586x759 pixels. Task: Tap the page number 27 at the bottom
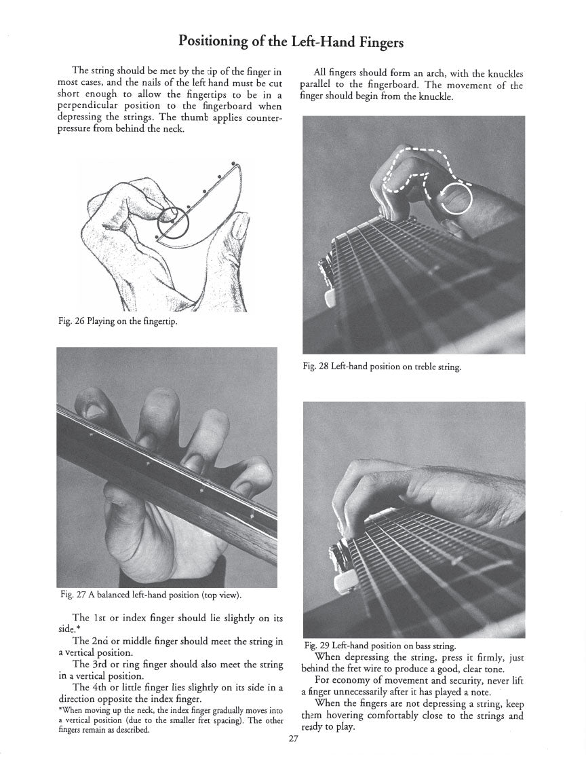coord(293,740)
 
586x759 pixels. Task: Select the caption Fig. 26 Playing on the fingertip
coord(117,322)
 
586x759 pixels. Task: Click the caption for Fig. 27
coord(151,595)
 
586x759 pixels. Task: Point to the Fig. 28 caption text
coord(382,367)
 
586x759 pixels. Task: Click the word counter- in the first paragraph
coord(262,118)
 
